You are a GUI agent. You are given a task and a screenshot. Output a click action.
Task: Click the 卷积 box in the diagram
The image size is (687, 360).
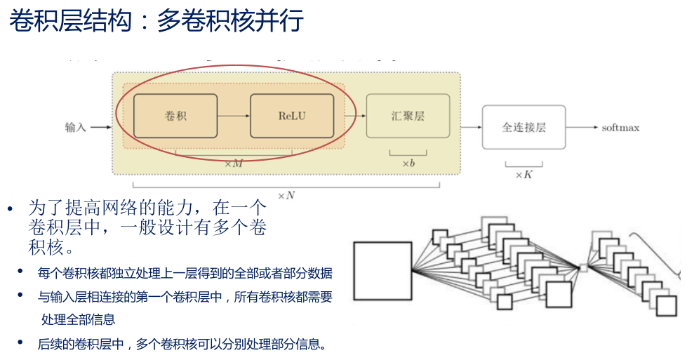tap(175, 115)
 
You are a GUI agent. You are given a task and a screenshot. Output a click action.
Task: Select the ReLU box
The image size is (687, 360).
tap(291, 115)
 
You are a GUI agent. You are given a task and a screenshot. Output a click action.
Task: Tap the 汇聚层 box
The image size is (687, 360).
tap(408, 116)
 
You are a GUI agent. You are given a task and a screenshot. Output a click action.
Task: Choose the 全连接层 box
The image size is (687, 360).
tap(523, 127)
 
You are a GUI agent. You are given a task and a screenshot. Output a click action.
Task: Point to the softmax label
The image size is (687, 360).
tap(620, 128)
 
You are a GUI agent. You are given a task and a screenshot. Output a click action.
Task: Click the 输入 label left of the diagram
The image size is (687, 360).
tap(76, 127)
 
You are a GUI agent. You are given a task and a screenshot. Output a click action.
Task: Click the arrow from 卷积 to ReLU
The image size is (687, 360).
tap(234, 115)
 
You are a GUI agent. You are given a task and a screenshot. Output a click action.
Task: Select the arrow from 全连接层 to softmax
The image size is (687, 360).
tap(582, 127)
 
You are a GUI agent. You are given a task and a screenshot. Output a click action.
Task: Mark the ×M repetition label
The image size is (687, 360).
tap(233, 164)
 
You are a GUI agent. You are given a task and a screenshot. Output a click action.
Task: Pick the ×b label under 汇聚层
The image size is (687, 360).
tap(408, 164)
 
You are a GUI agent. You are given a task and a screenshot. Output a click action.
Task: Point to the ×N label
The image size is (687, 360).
tap(286, 195)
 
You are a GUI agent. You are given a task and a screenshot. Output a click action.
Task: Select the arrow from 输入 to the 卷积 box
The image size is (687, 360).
tap(102, 127)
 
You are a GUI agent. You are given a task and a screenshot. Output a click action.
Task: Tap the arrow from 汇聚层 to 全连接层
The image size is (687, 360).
tap(466, 127)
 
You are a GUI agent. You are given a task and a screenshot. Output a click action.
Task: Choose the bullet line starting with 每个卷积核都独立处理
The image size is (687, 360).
tap(185, 274)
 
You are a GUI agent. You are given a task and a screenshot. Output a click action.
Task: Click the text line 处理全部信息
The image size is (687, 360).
tap(78, 320)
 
